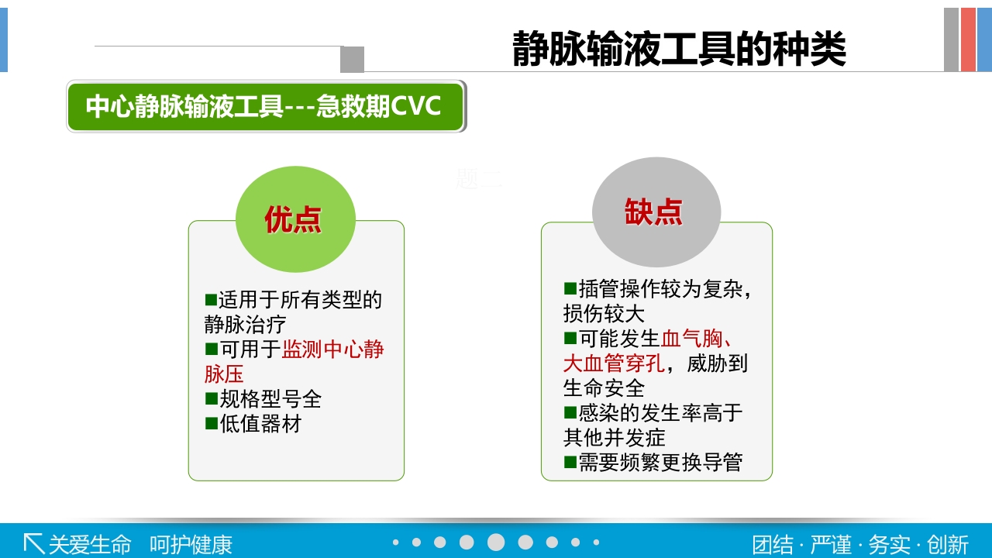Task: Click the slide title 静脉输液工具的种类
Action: tap(679, 49)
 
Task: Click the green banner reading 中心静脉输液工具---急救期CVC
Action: tap(265, 106)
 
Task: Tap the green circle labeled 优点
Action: tap(294, 219)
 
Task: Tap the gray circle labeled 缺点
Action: tap(656, 212)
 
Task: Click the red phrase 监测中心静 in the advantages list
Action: tap(333, 350)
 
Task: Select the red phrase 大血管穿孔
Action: tap(614, 363)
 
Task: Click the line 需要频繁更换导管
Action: tap(660, 463)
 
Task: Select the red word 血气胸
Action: tap(691, 339)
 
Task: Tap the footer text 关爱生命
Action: tap(90, 544)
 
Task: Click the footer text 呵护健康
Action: tap(191, 544)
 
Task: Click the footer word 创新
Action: tap(948, 544)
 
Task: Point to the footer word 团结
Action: tap(773, 544)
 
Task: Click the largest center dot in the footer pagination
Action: tap(496, 542)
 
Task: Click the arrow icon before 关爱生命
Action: tap(33, 542)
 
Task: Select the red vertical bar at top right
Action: tap(968, 40)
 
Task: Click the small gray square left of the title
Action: tap(352, 59)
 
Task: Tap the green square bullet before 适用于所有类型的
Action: tap(211, 299)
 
